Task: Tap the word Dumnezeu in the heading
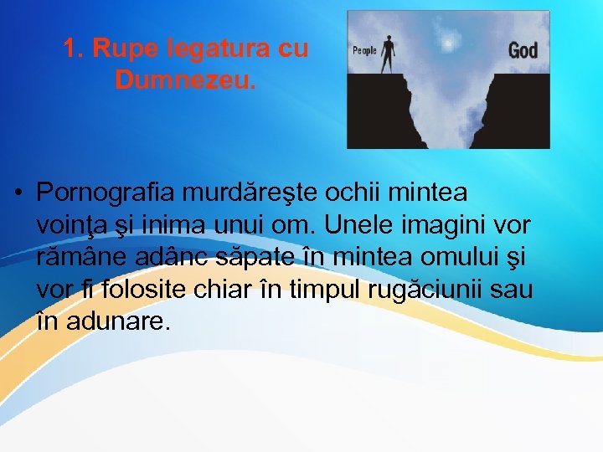click(186, 80)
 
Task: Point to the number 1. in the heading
click(73, 49)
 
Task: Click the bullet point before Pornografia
click(18, 194)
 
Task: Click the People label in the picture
click(364, 51)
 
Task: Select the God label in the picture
click(523, 50)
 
